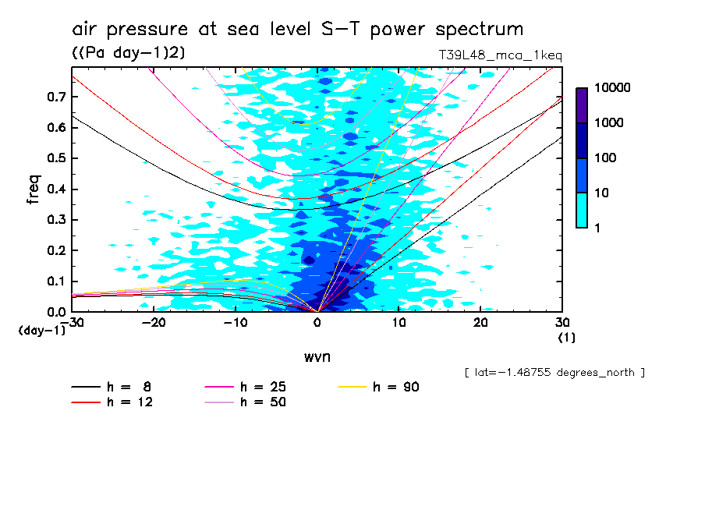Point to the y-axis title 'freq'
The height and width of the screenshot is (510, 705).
point(33,189)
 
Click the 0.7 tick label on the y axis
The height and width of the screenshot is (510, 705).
point(54,97)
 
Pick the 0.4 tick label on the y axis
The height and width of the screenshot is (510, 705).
point(54,189)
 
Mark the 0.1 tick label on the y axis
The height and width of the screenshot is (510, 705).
point(54,282)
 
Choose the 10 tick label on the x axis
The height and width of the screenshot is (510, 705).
point(399,322)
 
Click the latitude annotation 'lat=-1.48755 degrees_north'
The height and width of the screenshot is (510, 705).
point(554,373)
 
